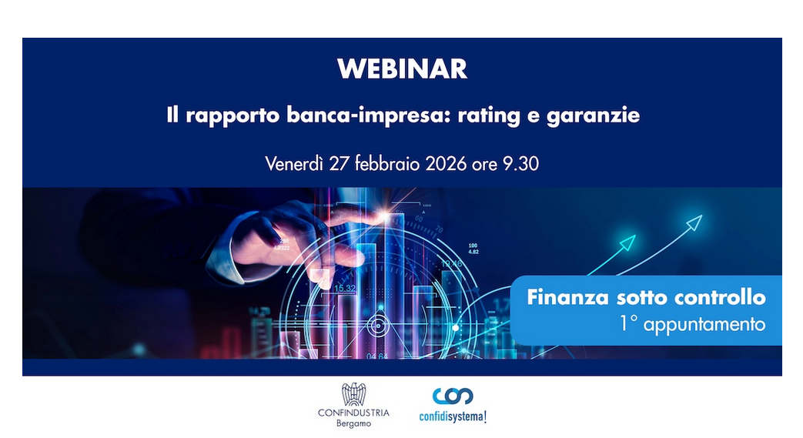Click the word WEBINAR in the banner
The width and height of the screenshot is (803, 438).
pos(402,69)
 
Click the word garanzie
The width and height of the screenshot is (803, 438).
pos(593,116)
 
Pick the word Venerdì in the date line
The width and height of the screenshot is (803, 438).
pos(294,163)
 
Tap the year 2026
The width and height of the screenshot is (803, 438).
pos(446,164)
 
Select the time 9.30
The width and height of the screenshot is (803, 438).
pos(520,164)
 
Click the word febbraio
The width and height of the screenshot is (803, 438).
pos(387,163)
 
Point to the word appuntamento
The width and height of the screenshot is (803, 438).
pos(704,324)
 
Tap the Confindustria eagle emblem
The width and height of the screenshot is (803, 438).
pos(353,394)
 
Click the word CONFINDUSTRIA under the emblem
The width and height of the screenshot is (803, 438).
pos(353,413)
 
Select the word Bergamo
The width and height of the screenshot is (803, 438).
pos(353,424)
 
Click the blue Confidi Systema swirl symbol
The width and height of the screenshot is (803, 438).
pos(453,396)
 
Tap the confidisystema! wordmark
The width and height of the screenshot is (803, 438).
pos(453,417)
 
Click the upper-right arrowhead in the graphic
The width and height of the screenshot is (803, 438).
pos(694,222)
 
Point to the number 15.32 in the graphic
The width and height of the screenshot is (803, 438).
pos(345,289)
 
